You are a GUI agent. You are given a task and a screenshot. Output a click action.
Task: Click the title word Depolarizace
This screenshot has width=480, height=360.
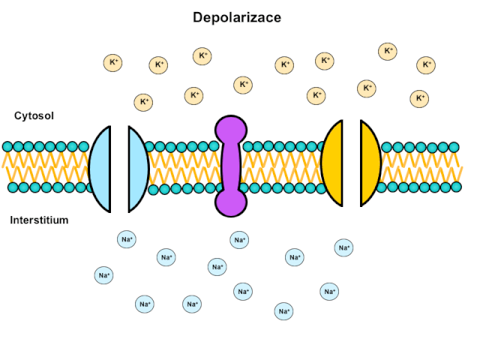click(x=237, y=16)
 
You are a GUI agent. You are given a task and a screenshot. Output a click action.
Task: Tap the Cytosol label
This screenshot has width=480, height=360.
click(x=34, y=116)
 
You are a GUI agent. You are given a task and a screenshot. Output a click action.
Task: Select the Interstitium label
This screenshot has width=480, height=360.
click(x=39, y=220)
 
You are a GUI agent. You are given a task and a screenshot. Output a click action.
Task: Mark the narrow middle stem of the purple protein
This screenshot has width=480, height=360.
click(x=231, y=166)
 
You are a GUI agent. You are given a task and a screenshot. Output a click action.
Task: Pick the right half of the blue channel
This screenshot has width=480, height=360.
click(x=138, y=166)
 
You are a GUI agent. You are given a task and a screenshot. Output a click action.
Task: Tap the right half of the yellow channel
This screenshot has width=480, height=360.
click(x=370, y=163)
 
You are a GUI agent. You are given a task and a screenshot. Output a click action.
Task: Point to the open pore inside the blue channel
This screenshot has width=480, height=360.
click(x=119, y=166)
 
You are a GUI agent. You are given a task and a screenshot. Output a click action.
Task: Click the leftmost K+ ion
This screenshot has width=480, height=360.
click(x=112, y=63)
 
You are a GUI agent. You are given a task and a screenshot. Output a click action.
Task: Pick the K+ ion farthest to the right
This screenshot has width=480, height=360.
click(x=426, y=64)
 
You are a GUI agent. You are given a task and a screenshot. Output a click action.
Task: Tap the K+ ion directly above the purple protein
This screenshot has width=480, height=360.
click(x=243, y=85)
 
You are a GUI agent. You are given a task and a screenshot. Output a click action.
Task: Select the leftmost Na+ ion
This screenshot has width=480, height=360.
click(x=104, y=275)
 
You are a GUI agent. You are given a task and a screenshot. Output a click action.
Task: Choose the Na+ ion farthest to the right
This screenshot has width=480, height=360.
click(x=343, y=247)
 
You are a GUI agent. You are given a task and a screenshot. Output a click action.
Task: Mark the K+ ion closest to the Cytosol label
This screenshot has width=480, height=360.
click(x=144, y=101)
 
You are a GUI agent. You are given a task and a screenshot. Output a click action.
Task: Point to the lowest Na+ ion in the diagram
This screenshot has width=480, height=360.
click(x=283, y=310)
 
